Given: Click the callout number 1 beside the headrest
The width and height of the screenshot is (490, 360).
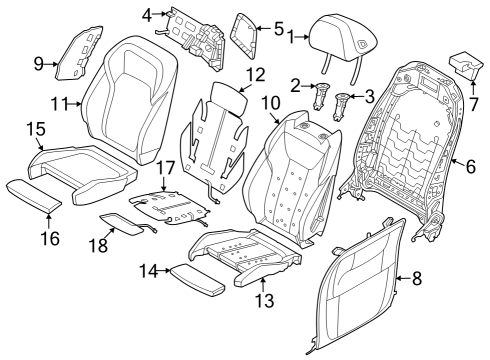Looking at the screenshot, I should pyautogui.click(x=291, y=39).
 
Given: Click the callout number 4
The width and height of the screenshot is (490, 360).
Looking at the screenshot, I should pyautogui.click(x=147, y=15).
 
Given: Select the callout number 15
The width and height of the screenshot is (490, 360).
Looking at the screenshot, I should pyautogui.click(x=35, y=129).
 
